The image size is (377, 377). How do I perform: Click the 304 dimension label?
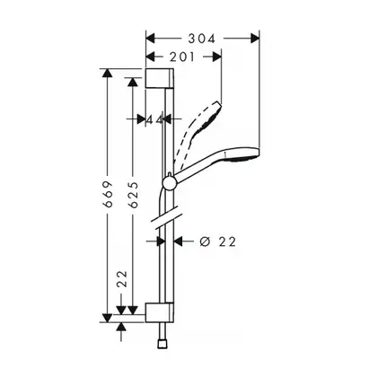point(201,39)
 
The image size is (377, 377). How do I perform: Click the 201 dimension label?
point(182,57)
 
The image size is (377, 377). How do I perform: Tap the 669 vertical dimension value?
point(108,194)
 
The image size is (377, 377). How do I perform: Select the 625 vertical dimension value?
point(133,195)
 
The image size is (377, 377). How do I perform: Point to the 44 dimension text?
point(154,119)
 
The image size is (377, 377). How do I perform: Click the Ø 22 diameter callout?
point(218,241)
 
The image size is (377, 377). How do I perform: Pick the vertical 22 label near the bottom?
point(122,279)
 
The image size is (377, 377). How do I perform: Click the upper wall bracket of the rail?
point(160,78)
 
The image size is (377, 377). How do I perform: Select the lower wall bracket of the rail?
point(160,312)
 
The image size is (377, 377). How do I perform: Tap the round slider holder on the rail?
point(170,182)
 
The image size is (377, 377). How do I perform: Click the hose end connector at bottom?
point(162,344)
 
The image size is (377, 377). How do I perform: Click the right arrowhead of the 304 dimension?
point(255,39)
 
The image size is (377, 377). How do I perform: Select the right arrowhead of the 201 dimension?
point(217,57)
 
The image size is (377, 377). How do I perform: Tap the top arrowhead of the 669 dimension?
point(108,73)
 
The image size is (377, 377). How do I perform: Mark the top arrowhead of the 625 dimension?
point(133,83)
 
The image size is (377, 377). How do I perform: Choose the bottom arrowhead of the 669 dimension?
point(108,318)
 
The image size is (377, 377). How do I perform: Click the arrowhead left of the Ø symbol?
point(179,241)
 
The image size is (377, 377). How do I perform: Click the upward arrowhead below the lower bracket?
point(121,327)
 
